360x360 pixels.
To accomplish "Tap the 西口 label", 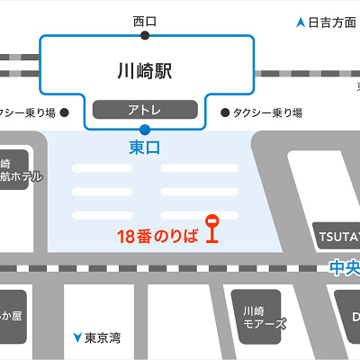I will point(144,20).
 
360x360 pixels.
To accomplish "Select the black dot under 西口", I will point(144,35).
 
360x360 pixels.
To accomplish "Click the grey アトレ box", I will point(144,110).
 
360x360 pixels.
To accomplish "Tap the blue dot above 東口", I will point(144,129).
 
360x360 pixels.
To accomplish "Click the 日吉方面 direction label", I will point(332,22).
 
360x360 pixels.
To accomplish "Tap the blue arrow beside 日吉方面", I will point(301,22).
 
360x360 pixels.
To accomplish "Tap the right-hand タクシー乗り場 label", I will point(268,112).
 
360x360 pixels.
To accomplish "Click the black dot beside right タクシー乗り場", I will point(224,112).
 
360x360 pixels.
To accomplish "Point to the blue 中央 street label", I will point(345,267).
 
